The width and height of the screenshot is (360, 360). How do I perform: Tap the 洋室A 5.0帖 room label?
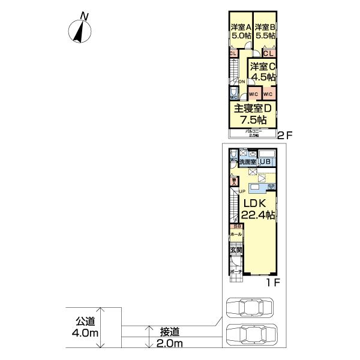[240, 31]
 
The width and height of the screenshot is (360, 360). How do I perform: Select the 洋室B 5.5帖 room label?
[264, 31]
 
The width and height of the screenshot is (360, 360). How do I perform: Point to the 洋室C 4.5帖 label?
[263, 71]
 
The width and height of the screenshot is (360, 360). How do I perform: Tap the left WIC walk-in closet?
[253, 94]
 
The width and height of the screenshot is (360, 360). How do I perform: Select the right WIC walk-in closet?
[268, 94]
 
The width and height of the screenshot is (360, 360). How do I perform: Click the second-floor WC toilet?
[233, 93]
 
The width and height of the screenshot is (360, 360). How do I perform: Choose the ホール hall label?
[235, 234]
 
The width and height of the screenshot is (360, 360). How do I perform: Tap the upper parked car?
[248, 308]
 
